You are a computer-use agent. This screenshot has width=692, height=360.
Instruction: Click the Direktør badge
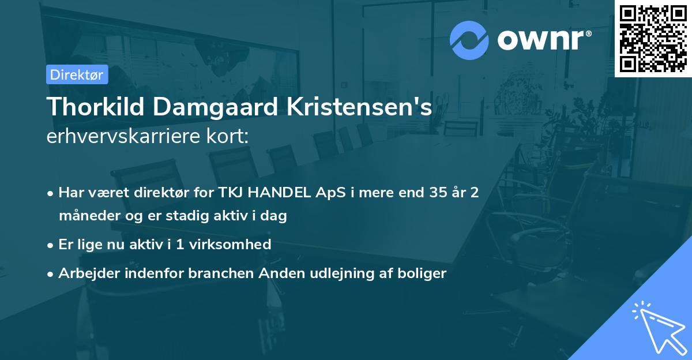(x=77, y=74)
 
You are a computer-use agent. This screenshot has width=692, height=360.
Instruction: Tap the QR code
(x=653, y=38)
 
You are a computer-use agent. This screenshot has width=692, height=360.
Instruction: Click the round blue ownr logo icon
(x=469, y=40)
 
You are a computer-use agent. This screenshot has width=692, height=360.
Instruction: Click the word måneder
(x=86, y=216)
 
